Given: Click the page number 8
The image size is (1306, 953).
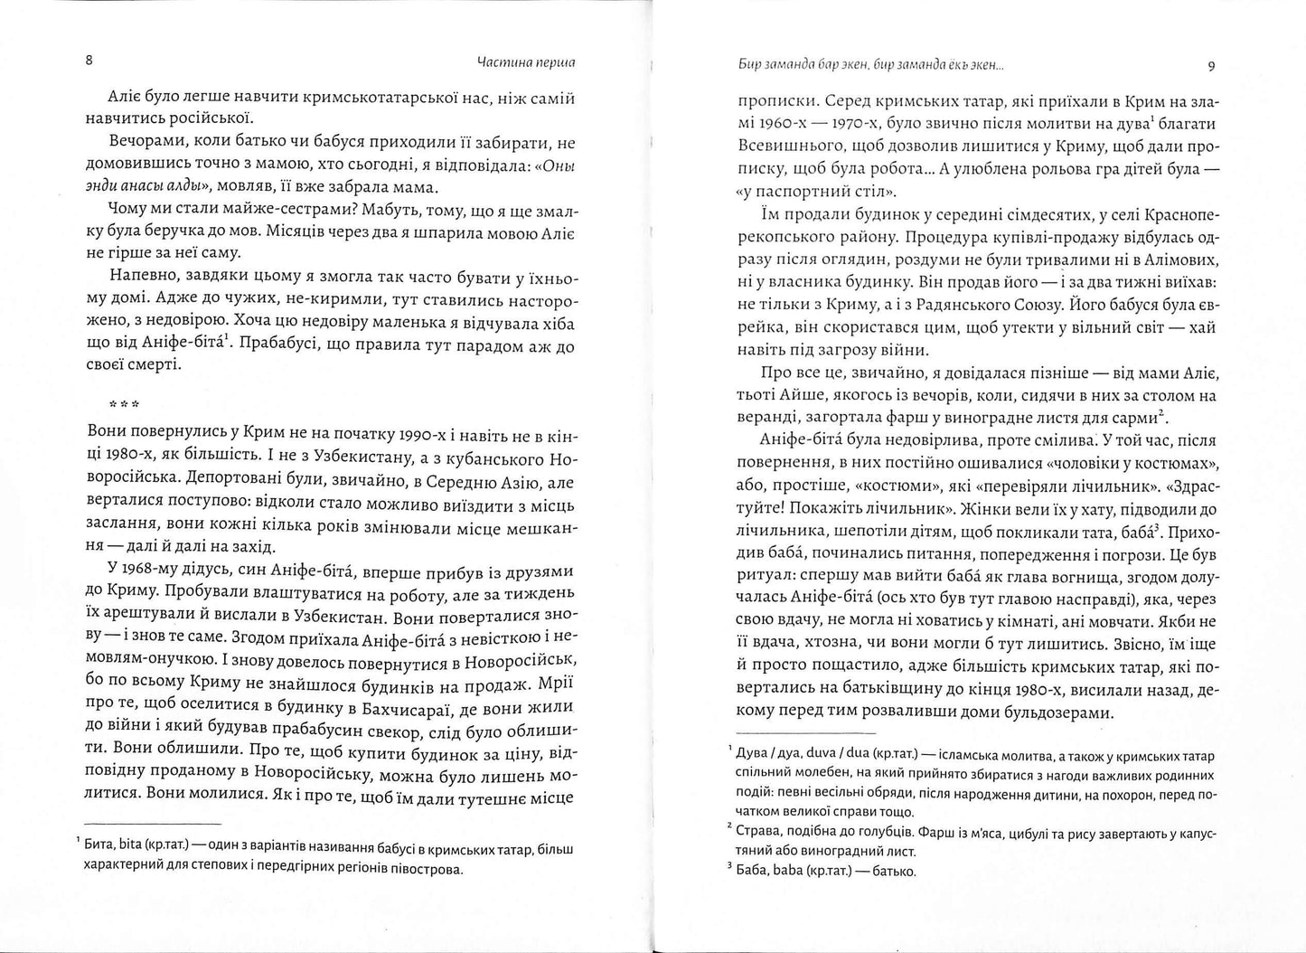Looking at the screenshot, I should (88, 62).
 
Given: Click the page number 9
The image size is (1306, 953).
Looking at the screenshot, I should (1211, 65).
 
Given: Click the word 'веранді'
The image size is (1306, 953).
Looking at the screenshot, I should (763, 418).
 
